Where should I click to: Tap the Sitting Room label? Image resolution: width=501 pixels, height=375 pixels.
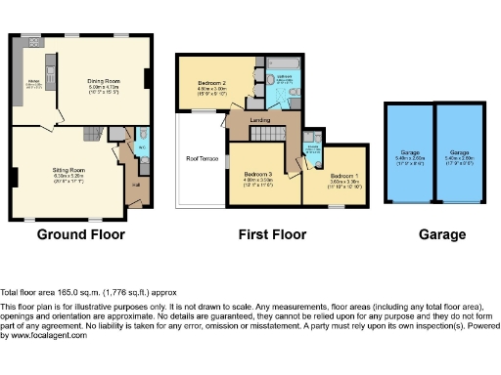[x=68, y=170]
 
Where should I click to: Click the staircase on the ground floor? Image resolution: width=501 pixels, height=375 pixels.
[x=92, y=133]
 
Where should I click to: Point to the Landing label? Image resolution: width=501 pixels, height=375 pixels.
[x=260, y=120]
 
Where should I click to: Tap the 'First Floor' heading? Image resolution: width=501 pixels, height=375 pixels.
[x=272, y=234]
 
